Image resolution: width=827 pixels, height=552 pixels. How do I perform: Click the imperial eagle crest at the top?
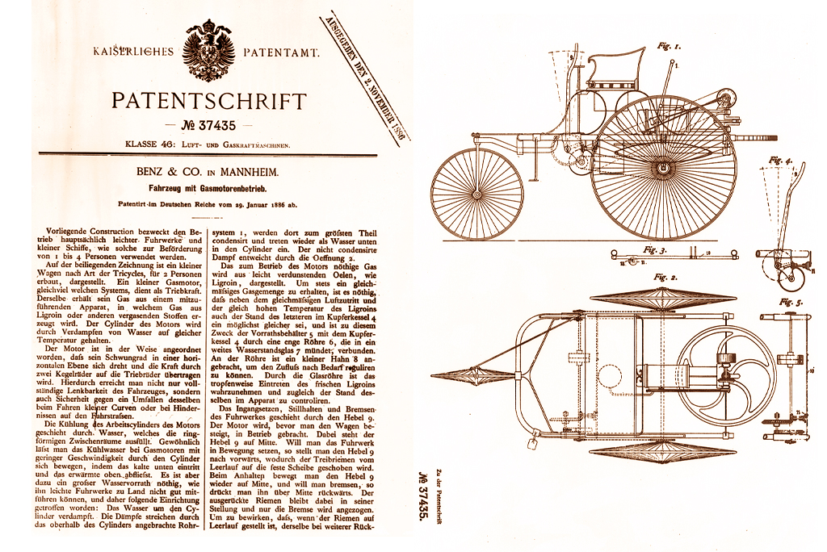pyautogui.click(x=209, y=51)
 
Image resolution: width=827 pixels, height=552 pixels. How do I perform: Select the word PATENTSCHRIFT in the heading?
pyautogui.click(x=209, y=102)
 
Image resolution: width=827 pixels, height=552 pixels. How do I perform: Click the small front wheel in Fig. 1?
pyautogui.click(x=477, y=194)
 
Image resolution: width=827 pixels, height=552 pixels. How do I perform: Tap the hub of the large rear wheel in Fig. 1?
pyautogui.click(x=664, y=167)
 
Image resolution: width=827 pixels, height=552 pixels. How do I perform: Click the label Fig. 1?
pyautogui.click(x=670, y=48)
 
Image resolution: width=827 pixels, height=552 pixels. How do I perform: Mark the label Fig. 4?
pyautogui.click(x=780, y=160)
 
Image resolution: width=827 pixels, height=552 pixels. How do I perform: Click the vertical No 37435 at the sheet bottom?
pyautogui.click(x=423, y=500)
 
